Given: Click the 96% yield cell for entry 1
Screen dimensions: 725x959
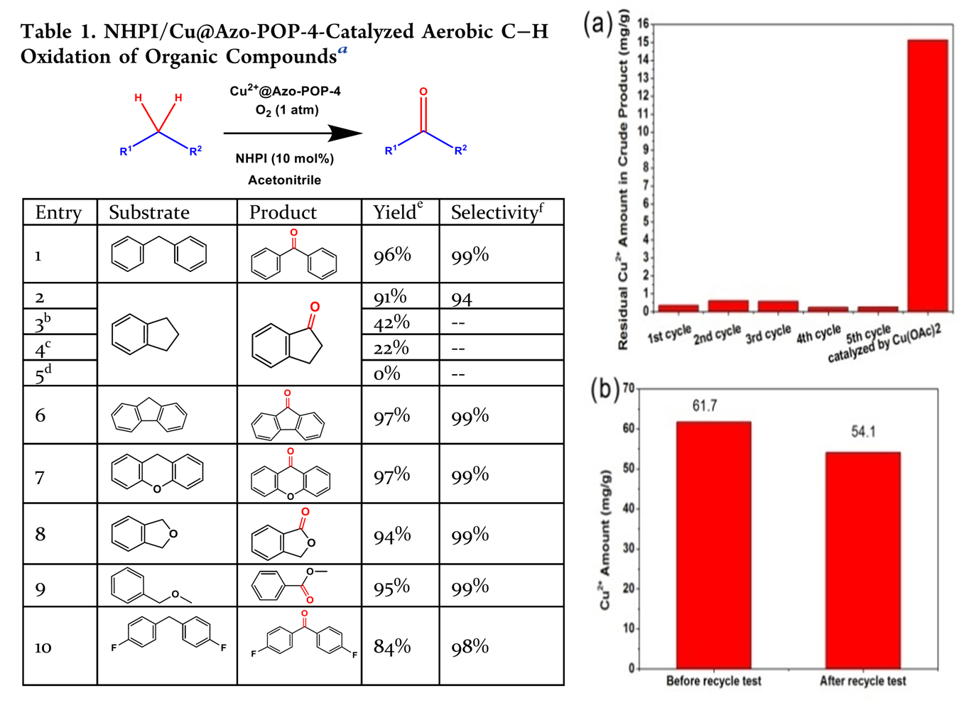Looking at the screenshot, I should pos(393,255).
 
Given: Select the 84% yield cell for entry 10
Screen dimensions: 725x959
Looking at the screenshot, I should pos(393,646).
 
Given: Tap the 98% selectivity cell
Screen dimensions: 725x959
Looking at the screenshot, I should pos(470,646).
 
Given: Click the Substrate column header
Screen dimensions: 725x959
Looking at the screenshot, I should pos(149,212).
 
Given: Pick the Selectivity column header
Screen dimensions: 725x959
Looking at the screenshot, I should pos(497,212).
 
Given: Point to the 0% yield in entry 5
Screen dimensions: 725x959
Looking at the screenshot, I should pos(387,374).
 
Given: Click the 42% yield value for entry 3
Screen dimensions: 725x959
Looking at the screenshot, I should pos(392,322).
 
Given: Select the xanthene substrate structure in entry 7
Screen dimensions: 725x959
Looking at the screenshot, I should pos(157,473).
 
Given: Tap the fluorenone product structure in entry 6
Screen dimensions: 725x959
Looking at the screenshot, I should pos(288,419).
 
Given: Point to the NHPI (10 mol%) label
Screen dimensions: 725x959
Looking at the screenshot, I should pos(285,158).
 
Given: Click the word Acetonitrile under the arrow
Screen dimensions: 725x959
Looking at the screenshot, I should pos(284,180).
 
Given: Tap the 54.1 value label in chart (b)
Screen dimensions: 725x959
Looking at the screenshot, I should pos(863,432).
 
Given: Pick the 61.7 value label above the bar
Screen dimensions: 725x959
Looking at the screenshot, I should pos(705,405).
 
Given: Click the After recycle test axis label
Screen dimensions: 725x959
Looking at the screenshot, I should pos(863,681).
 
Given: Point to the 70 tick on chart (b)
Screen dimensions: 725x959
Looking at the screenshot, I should pos(629,388).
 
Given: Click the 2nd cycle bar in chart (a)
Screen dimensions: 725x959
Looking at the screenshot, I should pos(728,306).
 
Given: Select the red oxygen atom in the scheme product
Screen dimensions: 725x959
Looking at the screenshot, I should pos(423,92).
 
